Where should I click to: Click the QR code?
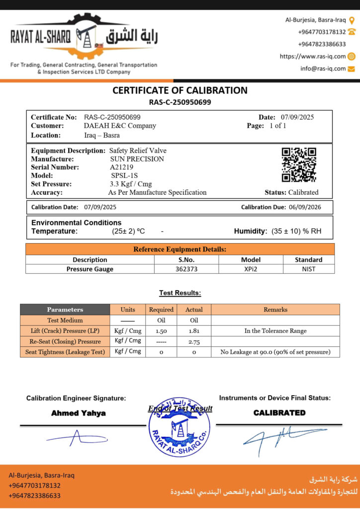299,165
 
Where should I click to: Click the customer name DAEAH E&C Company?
120,126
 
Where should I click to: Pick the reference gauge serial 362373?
186,269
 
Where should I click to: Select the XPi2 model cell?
251,269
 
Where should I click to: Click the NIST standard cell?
308,269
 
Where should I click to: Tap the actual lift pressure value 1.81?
194,331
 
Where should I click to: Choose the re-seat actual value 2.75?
194,341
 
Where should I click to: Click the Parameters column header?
65,310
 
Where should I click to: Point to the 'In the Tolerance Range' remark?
275,331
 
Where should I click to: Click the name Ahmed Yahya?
79,413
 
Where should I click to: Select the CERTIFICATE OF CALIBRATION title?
180,90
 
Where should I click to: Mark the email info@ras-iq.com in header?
323,69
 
